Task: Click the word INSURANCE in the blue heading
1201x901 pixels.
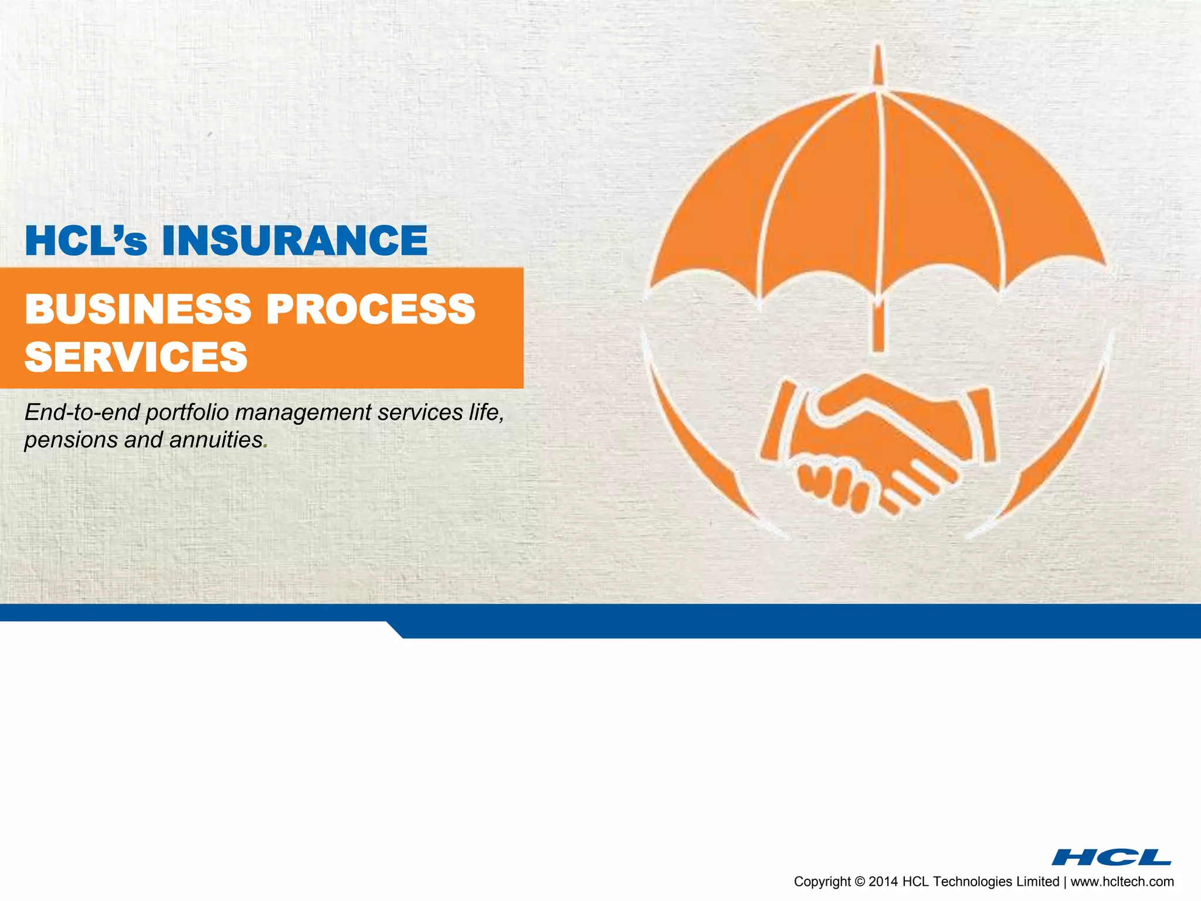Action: (x=294, y=241)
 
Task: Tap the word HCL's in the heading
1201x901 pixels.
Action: (x=86, y=241)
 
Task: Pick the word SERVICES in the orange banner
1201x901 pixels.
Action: (x=136, y=357)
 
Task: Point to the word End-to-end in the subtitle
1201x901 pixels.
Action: (x=82, y=412)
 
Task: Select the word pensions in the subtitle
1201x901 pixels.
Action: (x=70, y=440)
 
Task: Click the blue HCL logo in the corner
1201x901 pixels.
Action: (x=1111, y=857)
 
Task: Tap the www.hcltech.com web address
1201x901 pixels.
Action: (x=1122, y=882)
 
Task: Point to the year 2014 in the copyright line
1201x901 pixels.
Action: (x=883, y=882)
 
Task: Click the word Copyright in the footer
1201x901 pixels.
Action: (x=822, y=882)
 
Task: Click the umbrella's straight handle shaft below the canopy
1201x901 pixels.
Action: (x=878, y=328)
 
